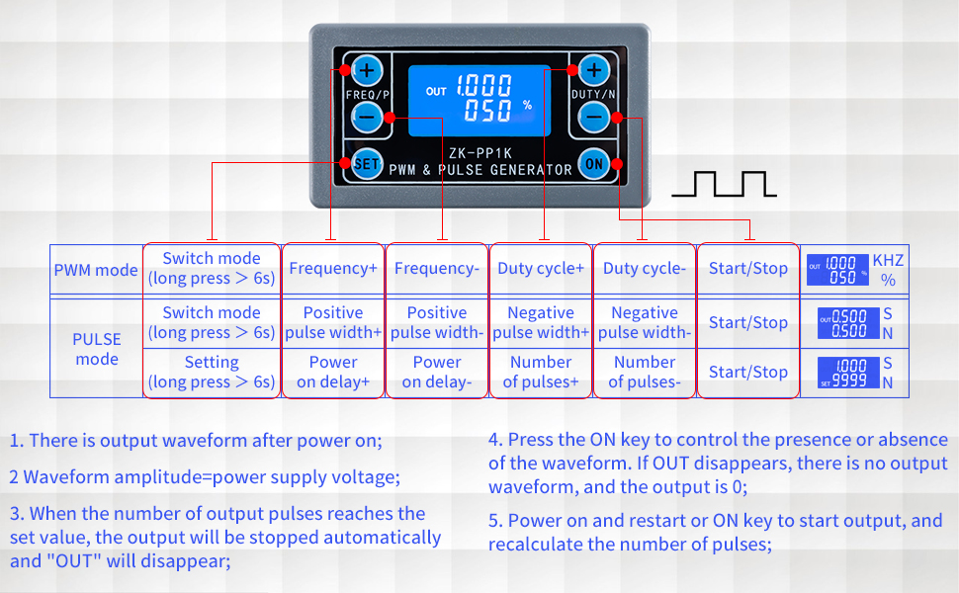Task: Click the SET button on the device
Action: pyautogui.click(x=366, y=165)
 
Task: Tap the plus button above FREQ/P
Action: pyautogui.click(x=367, y=70)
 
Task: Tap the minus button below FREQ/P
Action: pyautogui.click(x=367, y=117)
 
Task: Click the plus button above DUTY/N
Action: pyautogui.click(x=593, y=70)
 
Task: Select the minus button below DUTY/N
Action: pyautogui.click(x=593, y=117)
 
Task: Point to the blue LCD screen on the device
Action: pyautogui.click(x=479, y=100)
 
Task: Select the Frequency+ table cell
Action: pyautogui.click(x=333, y=269)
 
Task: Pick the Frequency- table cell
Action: pyautogui.click(x=437, y=269)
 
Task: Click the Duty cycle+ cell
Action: pyautogui.click(x=541, y=269)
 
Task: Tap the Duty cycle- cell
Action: pyautogui.click(x=645, y=269)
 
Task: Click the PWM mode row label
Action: pyautogui.click(x=96, y=270)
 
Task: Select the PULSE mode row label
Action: pyautogui.click(x=97, y=349)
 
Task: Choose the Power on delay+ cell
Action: pyautogui.click(x=333, y=373)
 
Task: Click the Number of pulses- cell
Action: pyautogui.click(x=645, y=373)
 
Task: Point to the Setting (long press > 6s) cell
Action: pyautogui.click(x=212, y=373)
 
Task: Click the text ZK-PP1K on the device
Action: pyautogui.click(x=479, y=153)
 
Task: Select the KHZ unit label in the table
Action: pyautogui.click(x=888, y=260)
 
